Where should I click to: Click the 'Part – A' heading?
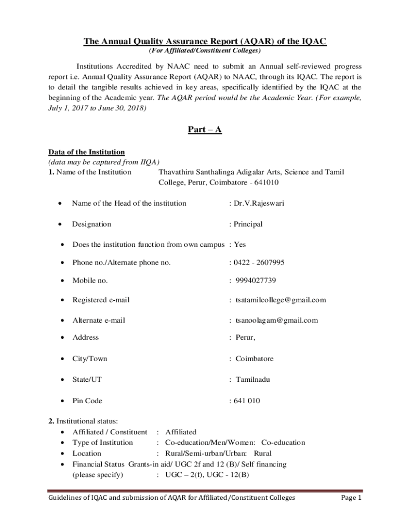pos(205,130)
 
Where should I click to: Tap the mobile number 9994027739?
pos(256,281)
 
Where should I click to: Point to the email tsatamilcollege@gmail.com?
pos(281,300)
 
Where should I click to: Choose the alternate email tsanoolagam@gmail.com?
pos(276,320)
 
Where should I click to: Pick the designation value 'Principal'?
pos(248,224)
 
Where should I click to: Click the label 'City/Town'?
pos(90,358)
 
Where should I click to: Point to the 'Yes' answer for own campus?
pos(239,244)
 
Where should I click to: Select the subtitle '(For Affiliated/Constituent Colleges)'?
pos(205,51)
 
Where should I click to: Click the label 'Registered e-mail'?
pos(101,300)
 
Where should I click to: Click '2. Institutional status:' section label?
pos(83,421)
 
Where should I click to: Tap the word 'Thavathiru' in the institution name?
pos(176,172)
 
